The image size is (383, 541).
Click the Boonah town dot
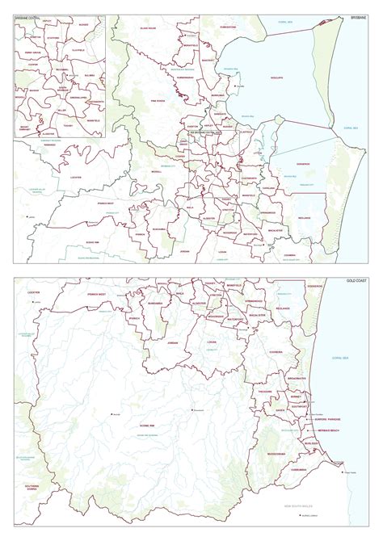[112, 414]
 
